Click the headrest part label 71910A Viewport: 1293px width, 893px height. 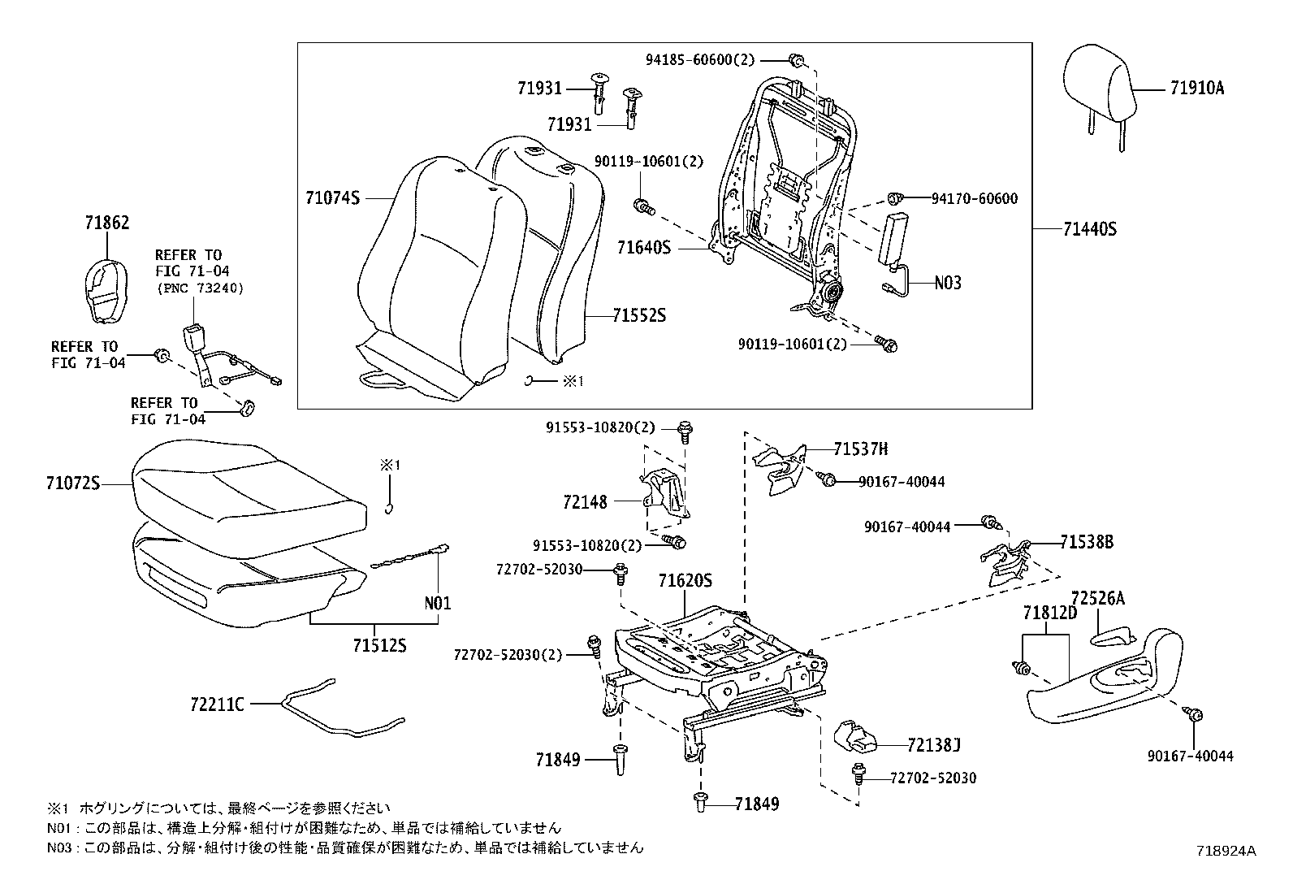1196,89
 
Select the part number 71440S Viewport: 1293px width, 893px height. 1090,230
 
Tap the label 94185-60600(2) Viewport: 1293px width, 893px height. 700,59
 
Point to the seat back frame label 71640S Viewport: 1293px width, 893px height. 644,246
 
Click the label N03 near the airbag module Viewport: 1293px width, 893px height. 947,283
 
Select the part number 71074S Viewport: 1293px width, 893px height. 332,197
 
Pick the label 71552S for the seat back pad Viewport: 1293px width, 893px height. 638,315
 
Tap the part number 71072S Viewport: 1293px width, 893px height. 72,484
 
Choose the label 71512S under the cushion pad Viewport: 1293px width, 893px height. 378,646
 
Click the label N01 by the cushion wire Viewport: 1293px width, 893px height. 438,603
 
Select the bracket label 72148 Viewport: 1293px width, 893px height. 585,502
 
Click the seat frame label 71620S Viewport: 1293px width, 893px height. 685,581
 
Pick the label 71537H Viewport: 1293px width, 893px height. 860,449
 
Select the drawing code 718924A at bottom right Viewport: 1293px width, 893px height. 1226,851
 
